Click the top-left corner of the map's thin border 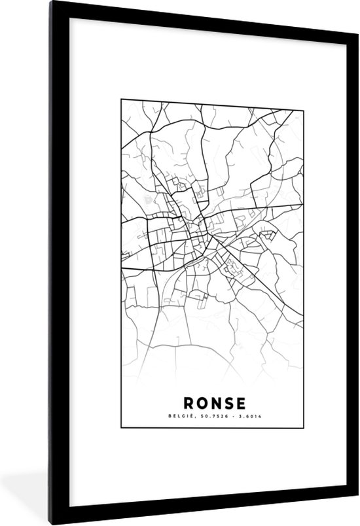pyautogui.click(x=120, y=99)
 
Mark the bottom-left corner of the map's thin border pyautogui.click(x=120, y=427)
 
